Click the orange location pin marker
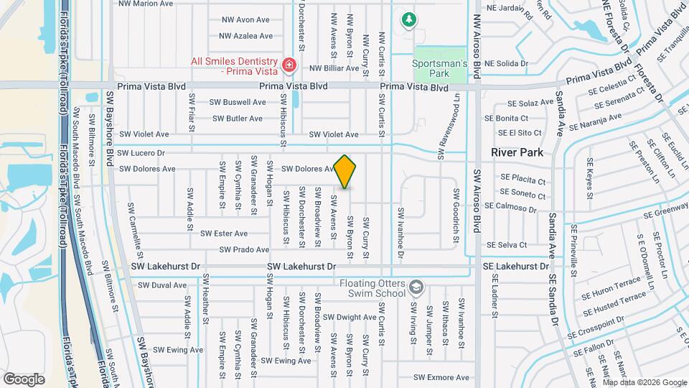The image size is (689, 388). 345,171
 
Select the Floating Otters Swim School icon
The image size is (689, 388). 415,288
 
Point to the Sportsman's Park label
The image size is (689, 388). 440,68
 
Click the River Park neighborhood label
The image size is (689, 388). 516,152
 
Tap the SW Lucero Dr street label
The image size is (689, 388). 141,153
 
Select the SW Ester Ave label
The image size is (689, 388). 224,234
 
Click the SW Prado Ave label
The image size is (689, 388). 244,249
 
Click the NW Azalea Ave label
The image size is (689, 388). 245,35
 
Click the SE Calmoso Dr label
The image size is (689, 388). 510,205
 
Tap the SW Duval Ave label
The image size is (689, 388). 162,285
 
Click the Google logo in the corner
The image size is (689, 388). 24,379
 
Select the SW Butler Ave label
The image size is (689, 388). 237,118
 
